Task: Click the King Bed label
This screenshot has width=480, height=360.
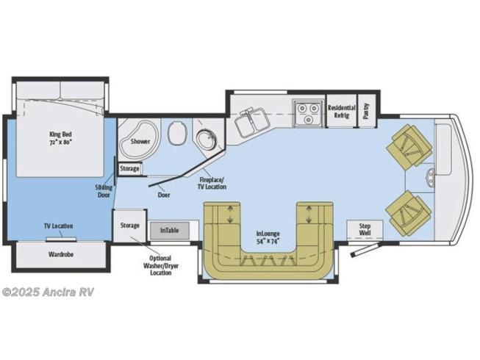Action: (x=60, y=138)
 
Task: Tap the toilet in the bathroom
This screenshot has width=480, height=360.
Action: (x=176, y=133)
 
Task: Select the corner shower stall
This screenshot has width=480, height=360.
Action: (x=139, y=140)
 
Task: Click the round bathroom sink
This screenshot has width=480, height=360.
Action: (x=206, y=140)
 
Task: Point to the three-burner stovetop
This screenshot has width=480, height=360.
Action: (x=308, y=113)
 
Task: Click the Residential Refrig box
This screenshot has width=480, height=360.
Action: (x=342, y=111)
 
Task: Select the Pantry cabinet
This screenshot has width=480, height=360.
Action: (x=367, y=111)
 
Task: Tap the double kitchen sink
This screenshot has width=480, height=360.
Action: (x=252, y=122)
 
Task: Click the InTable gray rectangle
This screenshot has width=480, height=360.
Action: (x=169, y=230)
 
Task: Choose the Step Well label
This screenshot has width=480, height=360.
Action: (x=365, y=229)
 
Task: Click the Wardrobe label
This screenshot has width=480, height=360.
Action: (x=61, y=254)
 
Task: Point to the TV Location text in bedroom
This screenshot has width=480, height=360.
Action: (x=59, y=226)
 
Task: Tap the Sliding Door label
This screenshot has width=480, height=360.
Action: (x=104, y=191)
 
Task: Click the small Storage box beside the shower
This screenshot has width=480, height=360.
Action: (x=129, y=168)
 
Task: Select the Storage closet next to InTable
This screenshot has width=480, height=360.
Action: (x=129, y=226)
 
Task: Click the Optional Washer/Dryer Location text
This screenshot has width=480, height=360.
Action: (x=161, y=265)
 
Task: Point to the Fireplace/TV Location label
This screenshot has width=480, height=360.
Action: (x=212, y=183)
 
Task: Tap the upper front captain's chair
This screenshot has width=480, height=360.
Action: (x=409, y=145)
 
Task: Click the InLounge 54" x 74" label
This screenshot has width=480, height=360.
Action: (x=268, y=237)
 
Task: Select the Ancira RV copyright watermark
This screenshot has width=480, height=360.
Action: (x=48, y=292)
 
